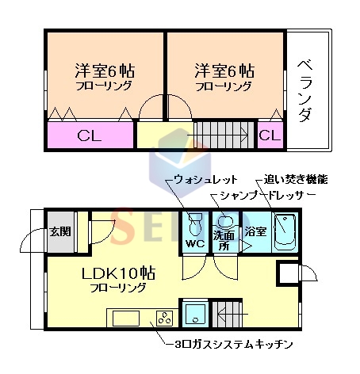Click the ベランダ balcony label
pyautogui.click(x=306, y=91)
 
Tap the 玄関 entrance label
pyautogui.click(x=60, y=231)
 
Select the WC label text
pyautogui.click(x=195, y=243)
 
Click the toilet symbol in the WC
pyautogui.click(x=195, y=223)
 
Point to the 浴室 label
pyautogui.click(x=255, y=231)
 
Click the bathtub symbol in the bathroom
pyautogui.click(x=285, y=232)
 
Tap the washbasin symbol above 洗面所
pyautogui.click(x=225, y=221)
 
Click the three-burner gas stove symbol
pyautogui.click(x=165, y=318)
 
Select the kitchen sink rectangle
pyautogui.click(x=126, y=319)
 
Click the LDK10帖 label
pyautogui.click(x=118, y=273)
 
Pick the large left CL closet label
pyautogui.click(x=90, y=136)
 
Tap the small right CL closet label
pyautogui.click(x=270, y=135)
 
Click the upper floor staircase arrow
pyautogui.click(x=217, y=135)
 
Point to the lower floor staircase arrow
pyautogui.click(x=232, y=315)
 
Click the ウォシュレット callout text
pyautogui.click(x=205, y=180)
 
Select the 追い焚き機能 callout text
pyautogui.click(x=296, y=179)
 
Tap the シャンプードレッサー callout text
pyautogui.click(x=267, y=196)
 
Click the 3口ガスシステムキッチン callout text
pyautogui.click(x=234, y=344)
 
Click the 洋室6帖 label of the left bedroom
pyautogui.click(x=105, y=71)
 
